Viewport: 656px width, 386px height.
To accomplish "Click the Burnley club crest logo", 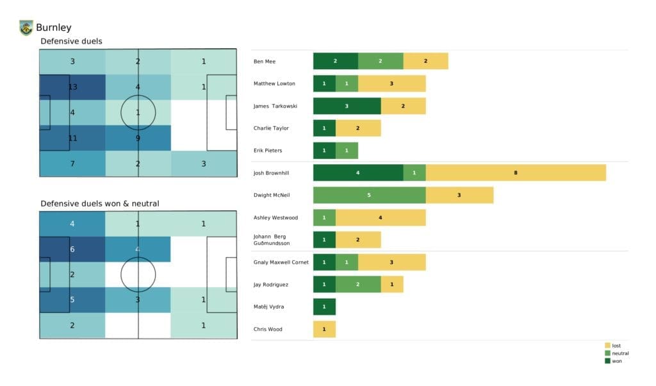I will (x=26, y=28).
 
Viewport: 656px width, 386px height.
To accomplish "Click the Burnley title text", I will (x=54, y=28).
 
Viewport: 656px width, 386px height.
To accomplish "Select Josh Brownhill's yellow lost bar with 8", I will (x=516, y=173).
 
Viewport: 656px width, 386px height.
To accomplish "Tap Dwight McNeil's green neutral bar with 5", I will (x=369, y=196).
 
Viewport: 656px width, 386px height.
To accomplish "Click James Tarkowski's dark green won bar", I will (x=347, y=106).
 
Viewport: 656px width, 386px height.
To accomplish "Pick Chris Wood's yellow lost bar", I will (x=324, y=329).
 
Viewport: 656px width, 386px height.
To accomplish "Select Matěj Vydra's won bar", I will (x=324, y=307).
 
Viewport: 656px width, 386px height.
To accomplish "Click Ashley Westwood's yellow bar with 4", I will (x=381, y=218).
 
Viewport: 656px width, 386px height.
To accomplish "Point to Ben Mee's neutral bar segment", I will (x=381, y=62).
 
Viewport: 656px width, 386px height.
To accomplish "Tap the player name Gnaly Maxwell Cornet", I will (x=281, y=262).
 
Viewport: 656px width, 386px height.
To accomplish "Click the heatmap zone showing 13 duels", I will (x=72, y=87).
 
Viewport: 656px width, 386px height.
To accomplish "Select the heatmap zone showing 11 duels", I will (x=72, y=138).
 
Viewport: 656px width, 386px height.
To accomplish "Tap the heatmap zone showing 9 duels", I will (x=138, y=138).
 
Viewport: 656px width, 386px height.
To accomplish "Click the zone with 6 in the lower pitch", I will (x=72, y=249).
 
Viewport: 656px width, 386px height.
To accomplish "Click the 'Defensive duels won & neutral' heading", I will (x=100, y=203).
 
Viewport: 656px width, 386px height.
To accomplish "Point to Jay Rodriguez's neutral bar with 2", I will (x=358, y=285).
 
